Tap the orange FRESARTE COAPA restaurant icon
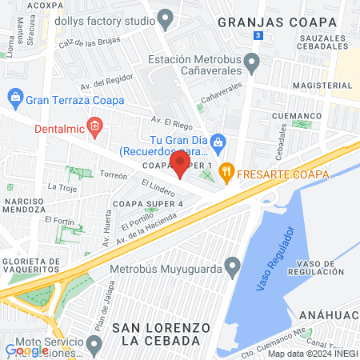click(227, 170)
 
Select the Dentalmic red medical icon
click(94, 126)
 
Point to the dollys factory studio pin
click(166, 17)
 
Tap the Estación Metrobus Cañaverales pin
click(251, 62)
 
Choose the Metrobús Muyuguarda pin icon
click(233, 264)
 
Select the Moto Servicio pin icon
click(94, 346)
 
